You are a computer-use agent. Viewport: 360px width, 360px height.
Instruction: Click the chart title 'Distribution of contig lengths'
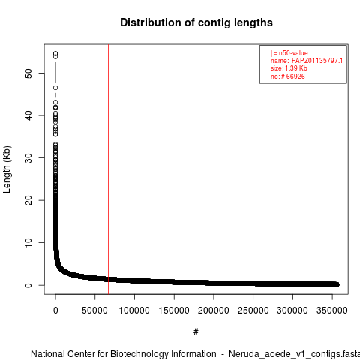tap(196, 22)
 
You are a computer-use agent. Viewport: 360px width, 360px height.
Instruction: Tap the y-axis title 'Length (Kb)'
tap(7, 169)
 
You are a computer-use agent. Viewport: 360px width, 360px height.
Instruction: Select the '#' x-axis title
tap(196, 331)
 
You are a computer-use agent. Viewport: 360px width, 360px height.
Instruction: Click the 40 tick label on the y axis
tap(28, 115)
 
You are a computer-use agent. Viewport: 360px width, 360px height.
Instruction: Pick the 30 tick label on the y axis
tap(28, 157)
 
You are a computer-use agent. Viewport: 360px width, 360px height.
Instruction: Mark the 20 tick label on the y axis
tap(28, 200)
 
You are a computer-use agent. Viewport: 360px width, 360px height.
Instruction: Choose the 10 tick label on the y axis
tap(28, 242)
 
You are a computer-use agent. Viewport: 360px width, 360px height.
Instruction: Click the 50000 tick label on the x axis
tap(94, 310)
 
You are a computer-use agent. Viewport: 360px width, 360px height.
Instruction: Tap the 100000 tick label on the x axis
tap(134, 310)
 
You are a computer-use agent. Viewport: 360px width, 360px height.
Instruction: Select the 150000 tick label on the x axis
tap(174, 310)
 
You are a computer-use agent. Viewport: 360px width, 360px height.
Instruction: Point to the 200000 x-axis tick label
tap(214, 310)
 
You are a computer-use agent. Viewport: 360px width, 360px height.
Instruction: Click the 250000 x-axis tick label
tap(253, 310)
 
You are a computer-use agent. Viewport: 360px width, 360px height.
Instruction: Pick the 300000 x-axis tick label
tap(292, 310)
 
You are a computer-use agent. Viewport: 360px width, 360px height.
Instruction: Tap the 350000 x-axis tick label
tap(332, 310)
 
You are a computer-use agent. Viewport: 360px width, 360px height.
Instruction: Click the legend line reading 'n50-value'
tap(293, 53)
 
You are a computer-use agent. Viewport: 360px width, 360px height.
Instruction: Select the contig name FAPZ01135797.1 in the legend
tap(317, 61)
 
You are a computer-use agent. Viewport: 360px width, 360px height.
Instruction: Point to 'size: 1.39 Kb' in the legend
tap(289, 68)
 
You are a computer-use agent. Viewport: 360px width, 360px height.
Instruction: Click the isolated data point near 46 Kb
tap(55, 88)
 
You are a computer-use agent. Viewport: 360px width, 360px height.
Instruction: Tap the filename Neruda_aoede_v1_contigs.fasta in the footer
tap(294, 354)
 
